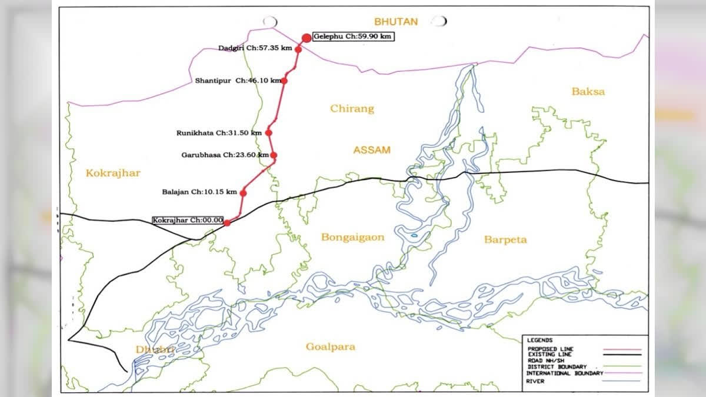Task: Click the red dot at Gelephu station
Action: (x=306, y=38)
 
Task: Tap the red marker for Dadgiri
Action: (x=298, y=49)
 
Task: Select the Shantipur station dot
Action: (x=284, y=81)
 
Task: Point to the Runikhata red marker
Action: (x=269, y=133)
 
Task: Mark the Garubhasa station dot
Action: (x=274, y=155)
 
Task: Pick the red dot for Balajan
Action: (x=243, y=193)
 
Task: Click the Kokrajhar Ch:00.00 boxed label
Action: (x=188, y=220)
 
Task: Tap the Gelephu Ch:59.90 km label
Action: (x=353, y=36)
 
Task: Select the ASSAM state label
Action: (x=371, y=150)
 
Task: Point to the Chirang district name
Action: (x=352, y=109)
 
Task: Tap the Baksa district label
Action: (x=588, y=92)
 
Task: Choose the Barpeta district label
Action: (x=505, y=240)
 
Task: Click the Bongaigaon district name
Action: (x=352, y=238)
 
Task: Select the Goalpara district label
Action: (x=330, y=347)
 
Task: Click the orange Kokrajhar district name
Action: (x=113, y=173)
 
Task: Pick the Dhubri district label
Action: (x=155, y=350)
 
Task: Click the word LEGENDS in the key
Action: (x=540, y=341)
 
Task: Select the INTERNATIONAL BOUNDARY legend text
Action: (x=565, y=373)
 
